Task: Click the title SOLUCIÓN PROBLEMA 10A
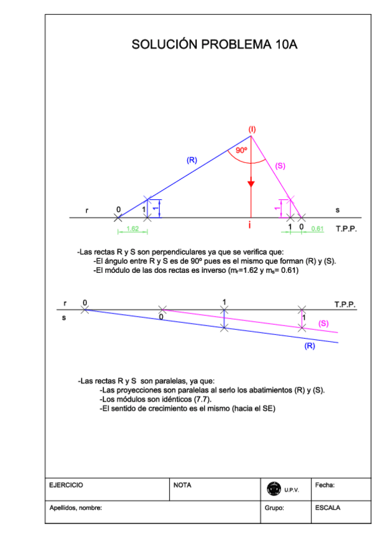click(x=214, y=44)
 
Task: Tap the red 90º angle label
click(x=241, y=150)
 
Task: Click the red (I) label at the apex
click(x=252, y=129)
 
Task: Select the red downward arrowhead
click(x=251, y=183)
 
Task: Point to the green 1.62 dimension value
click(x=133, y=228)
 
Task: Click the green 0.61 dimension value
click(x=318, y=228)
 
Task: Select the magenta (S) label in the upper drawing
click(x=280, y=166)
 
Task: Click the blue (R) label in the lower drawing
click(x=310, y=346)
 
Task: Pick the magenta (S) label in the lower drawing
click(x=324, y=324)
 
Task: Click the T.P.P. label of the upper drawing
click(x=346, y=228)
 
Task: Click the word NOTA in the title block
click(x=182, y=485)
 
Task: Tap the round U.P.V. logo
click(x=274, y=489)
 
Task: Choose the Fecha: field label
click(x=325, y=485)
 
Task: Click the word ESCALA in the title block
click(x=327, y=508)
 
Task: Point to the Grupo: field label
click(x=275, y=508)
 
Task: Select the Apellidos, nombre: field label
click(x=76, y=508)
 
